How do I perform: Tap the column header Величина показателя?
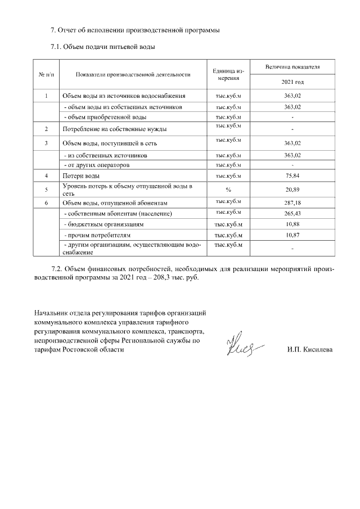(292, 67)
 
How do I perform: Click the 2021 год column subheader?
(292, 82)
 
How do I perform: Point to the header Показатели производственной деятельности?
(133, 74)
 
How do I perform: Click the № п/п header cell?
(46, 74)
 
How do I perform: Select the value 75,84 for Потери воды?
(292, 176)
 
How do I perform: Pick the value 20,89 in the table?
(292, 190)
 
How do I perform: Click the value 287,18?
(292, 202)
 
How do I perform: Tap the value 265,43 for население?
(292, 214)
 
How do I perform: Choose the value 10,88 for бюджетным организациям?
(292, 224)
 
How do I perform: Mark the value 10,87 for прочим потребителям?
(292, 235)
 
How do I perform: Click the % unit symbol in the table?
(228, 190)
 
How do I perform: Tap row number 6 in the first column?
(46, 202)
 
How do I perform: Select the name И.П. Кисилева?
(309, 350)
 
